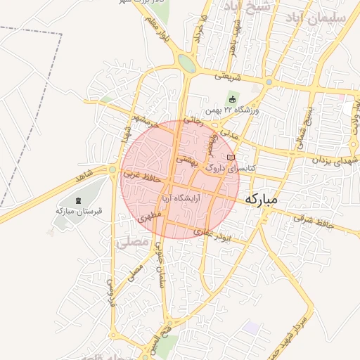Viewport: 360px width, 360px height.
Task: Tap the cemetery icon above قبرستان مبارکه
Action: [x=77, y=201]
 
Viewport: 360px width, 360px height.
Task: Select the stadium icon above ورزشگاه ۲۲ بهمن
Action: [x=233, y=99]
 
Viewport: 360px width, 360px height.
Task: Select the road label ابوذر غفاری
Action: [x=214, y=238]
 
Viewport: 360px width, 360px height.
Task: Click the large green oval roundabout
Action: [x=186, y=63]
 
